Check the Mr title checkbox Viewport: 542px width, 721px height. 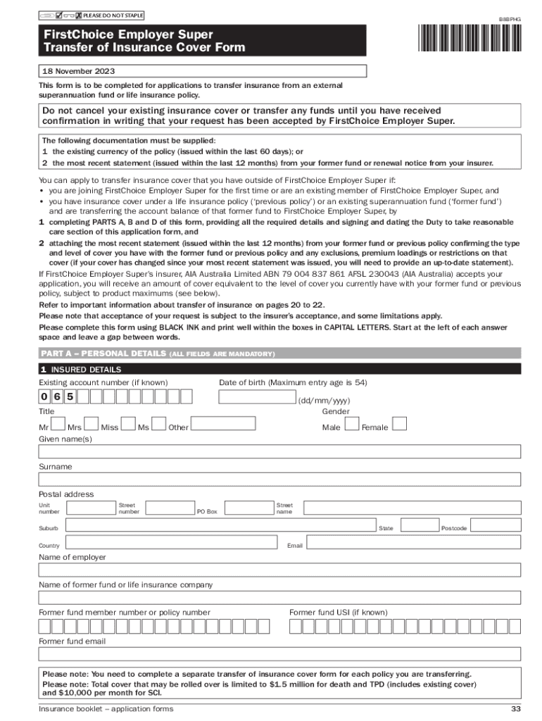(58, 423)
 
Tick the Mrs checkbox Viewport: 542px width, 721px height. (92, 423)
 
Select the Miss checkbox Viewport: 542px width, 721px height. (128, 423)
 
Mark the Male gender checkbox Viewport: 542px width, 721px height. (352, 423)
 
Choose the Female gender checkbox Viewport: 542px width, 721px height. (399, 423)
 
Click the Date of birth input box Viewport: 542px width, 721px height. (256, 396)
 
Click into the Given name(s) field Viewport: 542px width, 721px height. (279, 451)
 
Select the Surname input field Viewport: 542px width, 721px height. (279, 479)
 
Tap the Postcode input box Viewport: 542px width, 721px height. (496, 525)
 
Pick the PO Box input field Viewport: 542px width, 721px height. (246, 507)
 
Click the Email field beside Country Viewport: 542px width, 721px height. (413, 544)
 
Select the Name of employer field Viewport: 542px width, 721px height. (279, 570)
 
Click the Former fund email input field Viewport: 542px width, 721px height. (279, 654)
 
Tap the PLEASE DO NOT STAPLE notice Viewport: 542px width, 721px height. (113, 15)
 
